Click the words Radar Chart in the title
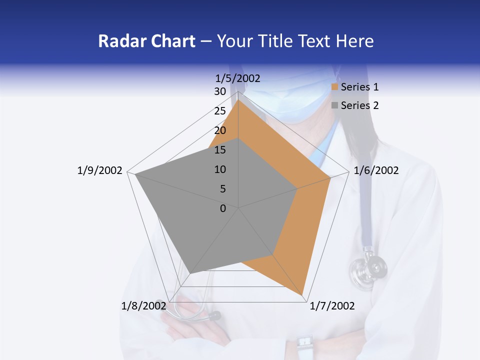[146, 41]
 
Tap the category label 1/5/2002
[237, 78]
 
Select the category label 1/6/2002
[376, 170]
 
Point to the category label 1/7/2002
[332, 305]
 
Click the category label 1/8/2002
[143, 305]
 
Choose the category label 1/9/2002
[99, 170]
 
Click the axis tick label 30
[220, 91]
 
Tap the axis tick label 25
[220, 111]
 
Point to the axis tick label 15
[220, 150]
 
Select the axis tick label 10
[220, 169]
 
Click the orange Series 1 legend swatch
[335, 87]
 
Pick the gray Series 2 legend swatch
[335, 105]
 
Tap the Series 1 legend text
[359, 87]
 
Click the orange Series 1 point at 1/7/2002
[303, 295]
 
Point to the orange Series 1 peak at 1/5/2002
[238, 100]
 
